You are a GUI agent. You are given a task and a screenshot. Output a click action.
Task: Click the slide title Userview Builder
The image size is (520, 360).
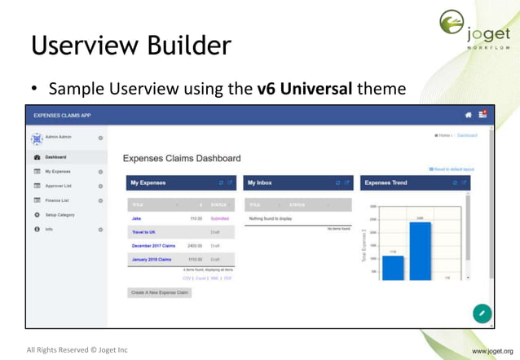(x=130, y=45)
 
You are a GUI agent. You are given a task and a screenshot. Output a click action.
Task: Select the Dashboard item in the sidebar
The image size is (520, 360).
(x=55, y=156)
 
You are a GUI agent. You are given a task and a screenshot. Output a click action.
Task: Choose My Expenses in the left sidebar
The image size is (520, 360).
(x=58, y=172)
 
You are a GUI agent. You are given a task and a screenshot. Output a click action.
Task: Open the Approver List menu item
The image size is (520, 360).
(x=59, y=186)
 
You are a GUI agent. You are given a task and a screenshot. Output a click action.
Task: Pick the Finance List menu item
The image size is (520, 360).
(x=58, y=200)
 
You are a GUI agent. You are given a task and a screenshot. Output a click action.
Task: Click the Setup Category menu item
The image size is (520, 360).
(x=59, y=214)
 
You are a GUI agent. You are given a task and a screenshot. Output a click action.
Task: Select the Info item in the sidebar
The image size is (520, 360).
(x=49, y=229)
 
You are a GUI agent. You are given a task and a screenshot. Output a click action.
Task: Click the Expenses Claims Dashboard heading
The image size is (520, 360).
(x=182, y=158)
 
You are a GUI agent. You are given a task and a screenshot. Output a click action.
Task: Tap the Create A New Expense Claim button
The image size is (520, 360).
(x=160, y=292)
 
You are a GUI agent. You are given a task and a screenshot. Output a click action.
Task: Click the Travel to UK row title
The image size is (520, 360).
(x=143, y=232)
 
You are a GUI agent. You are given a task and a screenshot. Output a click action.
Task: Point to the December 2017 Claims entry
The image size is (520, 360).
(x=153, y=245)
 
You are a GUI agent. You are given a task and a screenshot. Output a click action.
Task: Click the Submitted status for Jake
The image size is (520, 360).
(x=220, y=218)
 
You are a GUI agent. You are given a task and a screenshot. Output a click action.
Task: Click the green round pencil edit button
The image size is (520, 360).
(x=482, y=313)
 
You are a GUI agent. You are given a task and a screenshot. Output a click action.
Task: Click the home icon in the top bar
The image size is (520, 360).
(x=468, y=115)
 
